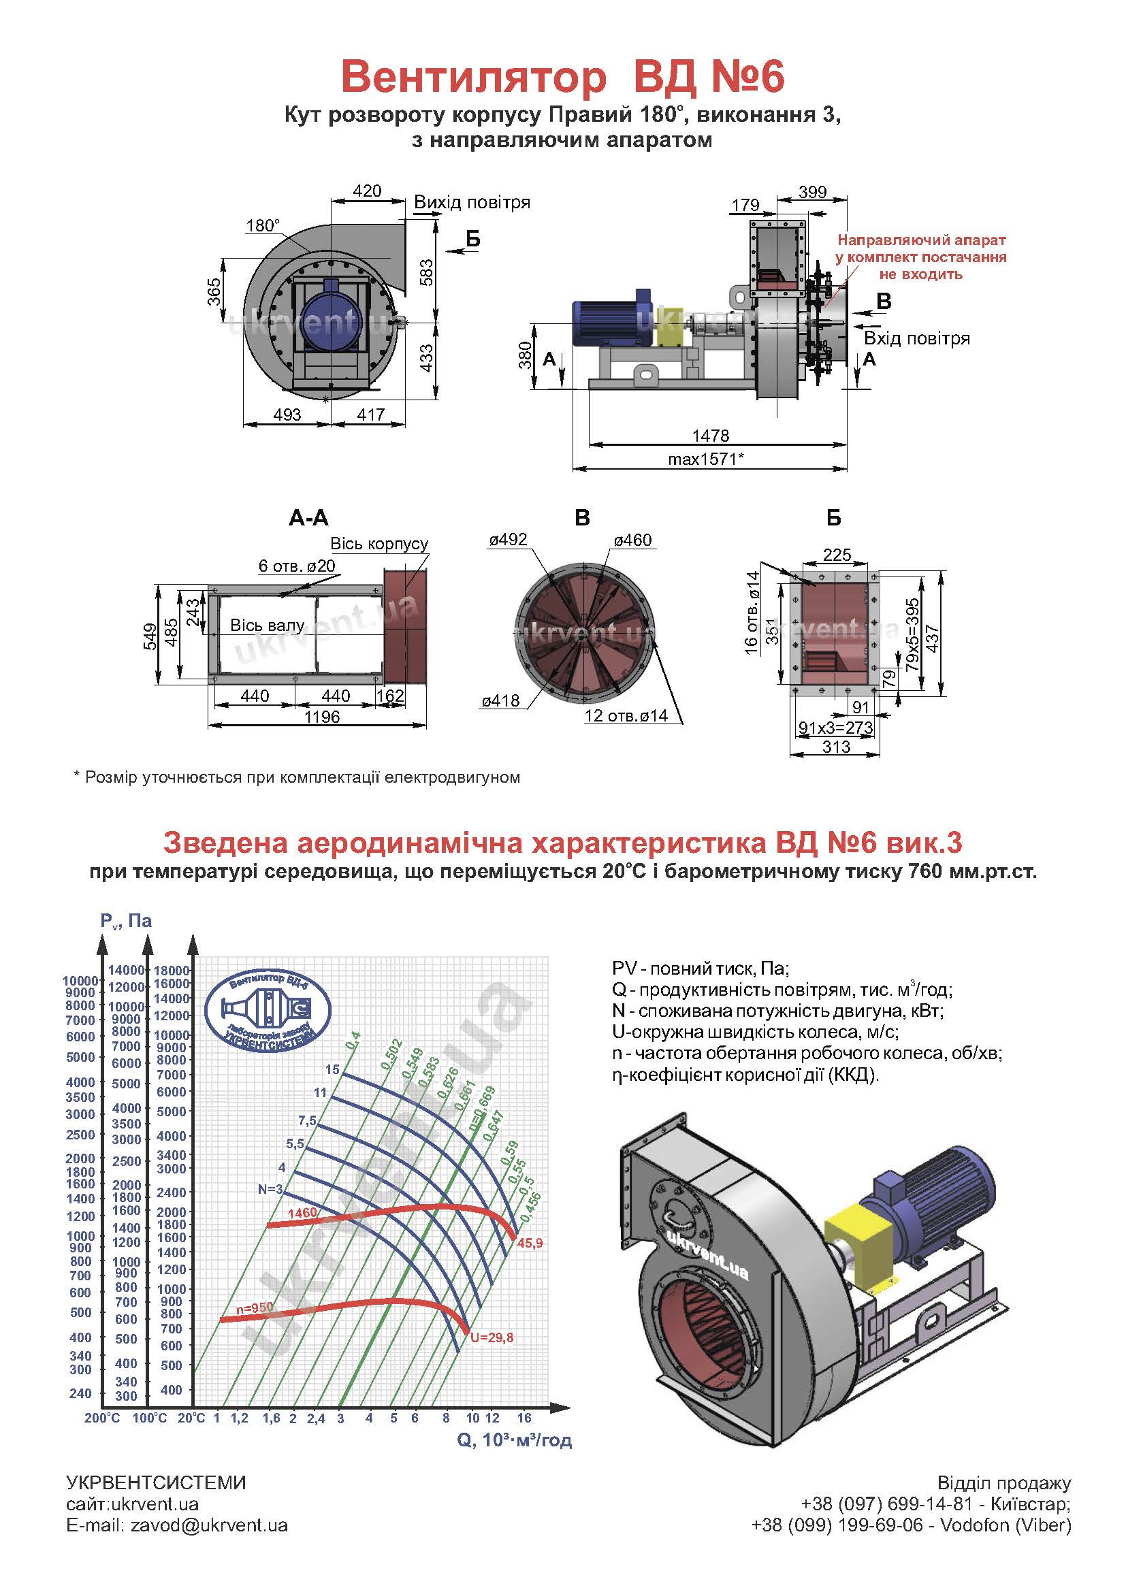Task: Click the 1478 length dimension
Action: [711, 436]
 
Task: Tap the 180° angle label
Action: [263, 226]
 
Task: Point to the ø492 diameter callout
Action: [509, 540]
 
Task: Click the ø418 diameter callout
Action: [500, 701]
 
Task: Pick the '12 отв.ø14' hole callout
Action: [626, 715]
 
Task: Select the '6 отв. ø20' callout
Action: [297, 566]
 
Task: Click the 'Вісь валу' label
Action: [267, 626]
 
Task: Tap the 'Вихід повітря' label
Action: [472, 202]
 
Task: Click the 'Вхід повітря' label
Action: [916, 339]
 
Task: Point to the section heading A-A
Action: [308, 518]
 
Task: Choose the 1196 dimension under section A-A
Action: [322, 717]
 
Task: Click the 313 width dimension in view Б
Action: [836, 747]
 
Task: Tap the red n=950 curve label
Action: [255, 1307]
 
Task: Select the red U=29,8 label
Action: [492, 1337]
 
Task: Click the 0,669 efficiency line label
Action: [485, 1105]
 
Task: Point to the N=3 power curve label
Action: [270, 1189]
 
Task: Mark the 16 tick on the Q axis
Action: [524, 1418]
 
